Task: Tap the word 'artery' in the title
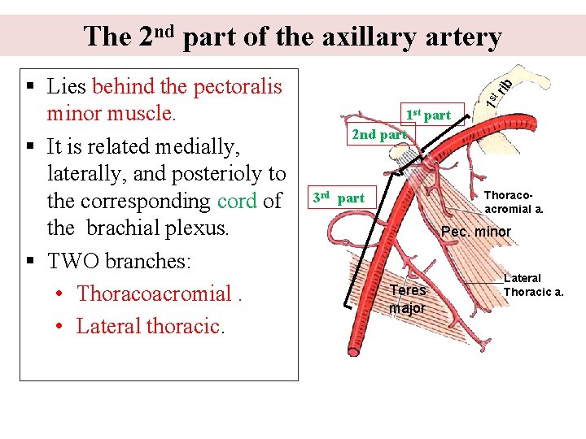point(460,37)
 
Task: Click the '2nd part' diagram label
point(378,134)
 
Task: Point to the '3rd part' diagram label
point(339,198)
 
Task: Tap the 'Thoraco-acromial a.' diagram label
point(514,202)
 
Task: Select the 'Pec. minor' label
point(475,232)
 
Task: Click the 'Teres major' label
point(407,298)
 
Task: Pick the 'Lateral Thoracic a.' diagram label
point(533,285)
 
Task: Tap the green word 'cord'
point(237,201)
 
